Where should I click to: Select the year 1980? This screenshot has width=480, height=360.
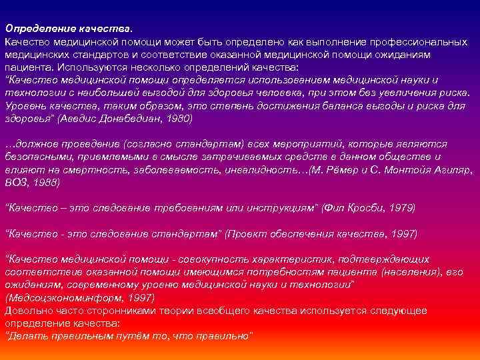point(175,119)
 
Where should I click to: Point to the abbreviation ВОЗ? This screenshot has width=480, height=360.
point(15,182)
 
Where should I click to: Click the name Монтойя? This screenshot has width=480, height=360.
point(395,169)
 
